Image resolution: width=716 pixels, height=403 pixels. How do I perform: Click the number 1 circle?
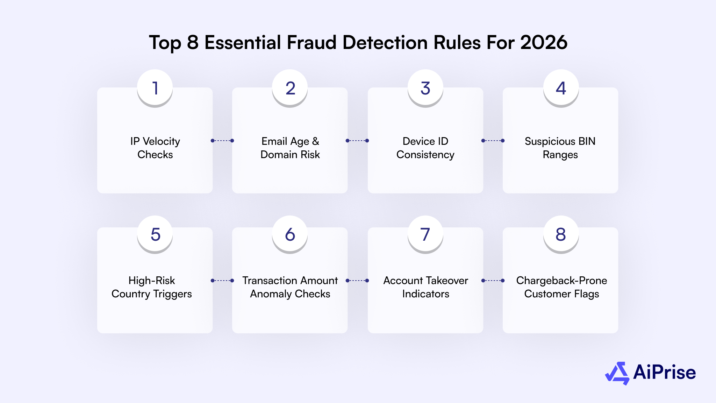click(x=155, y=88)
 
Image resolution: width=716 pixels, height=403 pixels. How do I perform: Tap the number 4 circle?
click(x=561, y=88)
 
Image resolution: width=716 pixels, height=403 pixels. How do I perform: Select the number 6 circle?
click(x=290, y=234)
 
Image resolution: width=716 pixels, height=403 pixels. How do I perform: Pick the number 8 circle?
click(x=561, y=234)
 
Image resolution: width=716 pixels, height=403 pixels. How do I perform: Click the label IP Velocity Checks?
click(x=155, y=148)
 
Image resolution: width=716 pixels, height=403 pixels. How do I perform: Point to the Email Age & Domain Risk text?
click(x=290, y=148)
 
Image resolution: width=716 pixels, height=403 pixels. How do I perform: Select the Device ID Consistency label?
click(x=425, y=148)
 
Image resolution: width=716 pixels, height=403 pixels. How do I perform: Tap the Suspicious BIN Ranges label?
click(x=560, y=148)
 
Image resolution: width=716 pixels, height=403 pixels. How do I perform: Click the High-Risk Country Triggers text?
click(x=152, y=287)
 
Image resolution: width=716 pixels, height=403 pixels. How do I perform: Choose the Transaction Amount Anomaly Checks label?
click(x=290, y=287)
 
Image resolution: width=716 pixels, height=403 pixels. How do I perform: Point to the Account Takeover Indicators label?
click(x=425, y=287)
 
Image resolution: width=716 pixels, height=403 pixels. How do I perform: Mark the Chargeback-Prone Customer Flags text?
click(x=561, y=287)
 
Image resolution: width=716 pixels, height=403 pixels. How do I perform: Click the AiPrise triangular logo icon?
click(x=617, y=373)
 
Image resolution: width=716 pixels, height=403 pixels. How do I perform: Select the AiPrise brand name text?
click(x=664, y=372)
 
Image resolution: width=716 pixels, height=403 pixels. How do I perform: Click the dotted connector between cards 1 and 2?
click(x=222, y=141)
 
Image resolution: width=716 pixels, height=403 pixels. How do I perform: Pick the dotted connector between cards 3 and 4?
click(x=493, y=141)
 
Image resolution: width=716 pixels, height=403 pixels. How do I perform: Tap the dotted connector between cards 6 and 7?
click(x=357, y=281)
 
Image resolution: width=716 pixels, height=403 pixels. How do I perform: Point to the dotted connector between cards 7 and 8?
click(x=493, y=281)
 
